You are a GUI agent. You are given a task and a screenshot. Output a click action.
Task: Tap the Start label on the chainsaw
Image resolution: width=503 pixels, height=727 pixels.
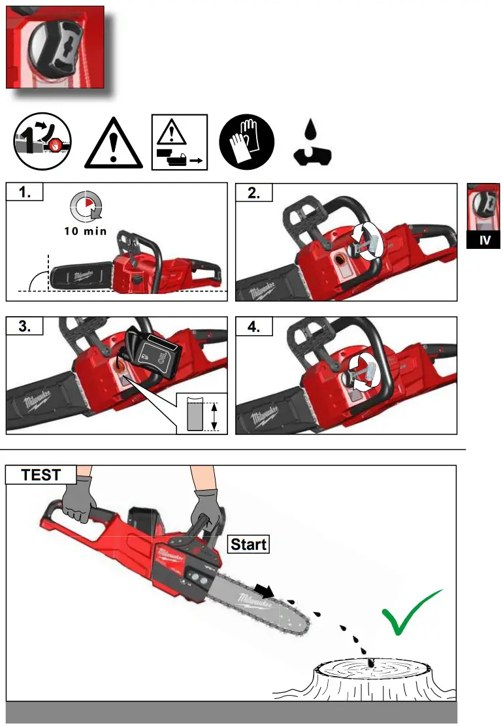(248, 543)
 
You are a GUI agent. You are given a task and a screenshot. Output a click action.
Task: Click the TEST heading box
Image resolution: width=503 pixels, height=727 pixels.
(41, 475)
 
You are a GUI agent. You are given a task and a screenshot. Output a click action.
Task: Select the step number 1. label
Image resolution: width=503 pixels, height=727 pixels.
(24, 192)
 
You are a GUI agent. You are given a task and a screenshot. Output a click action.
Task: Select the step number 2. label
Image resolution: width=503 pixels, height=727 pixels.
(253, 192)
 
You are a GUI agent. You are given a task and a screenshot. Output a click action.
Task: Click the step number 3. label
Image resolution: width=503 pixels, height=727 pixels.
(24, 327)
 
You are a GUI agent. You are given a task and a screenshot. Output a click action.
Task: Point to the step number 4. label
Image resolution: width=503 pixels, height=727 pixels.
(253, 327)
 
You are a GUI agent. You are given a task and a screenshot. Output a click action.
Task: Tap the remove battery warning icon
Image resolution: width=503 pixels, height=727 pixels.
(180, 142)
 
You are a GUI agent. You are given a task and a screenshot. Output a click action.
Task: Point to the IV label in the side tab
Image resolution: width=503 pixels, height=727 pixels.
(485, 240)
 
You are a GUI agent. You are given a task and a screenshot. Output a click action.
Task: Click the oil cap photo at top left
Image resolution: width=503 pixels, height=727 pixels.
(55, 47)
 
